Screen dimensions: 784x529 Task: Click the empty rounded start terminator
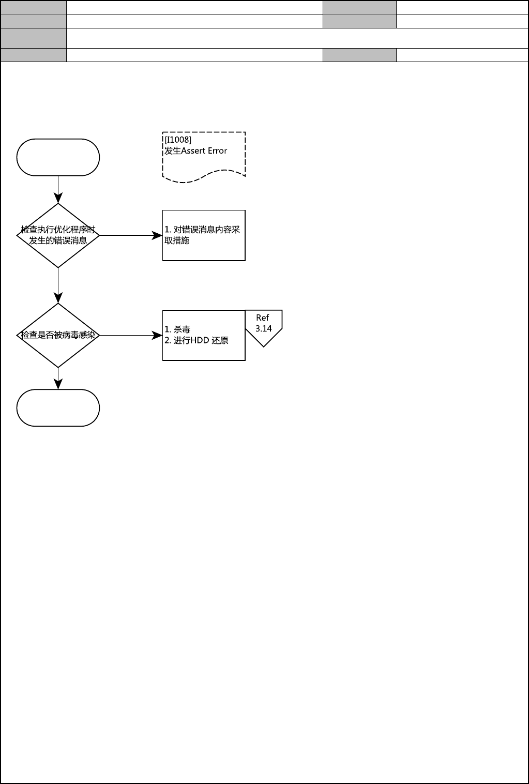click(58, 157)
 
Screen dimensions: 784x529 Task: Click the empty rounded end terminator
click(58, 408)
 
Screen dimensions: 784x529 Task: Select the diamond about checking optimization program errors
click(58, 235)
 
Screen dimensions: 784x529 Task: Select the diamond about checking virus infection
click(58, 335)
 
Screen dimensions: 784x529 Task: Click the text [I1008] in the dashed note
click(178, 140)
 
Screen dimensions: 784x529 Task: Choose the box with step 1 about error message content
click(204, 235)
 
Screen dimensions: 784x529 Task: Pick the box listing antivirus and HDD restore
click(204, 335)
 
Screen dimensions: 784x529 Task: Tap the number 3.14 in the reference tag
click(263, 328)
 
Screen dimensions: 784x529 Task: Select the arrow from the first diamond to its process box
click(130, 235)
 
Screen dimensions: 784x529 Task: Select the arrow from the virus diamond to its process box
click(130, 335)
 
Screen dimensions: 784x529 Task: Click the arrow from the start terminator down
click(58, 189)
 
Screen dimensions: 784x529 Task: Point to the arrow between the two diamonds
click(58, 285)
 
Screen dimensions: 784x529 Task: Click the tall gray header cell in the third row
click(34, 38)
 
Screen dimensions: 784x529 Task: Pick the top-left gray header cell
click(34, 7)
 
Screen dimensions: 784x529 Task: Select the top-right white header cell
click(462, 7)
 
